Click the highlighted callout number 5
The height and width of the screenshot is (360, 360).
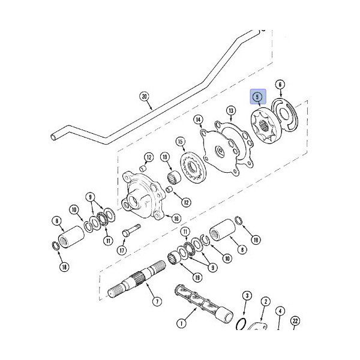click(x=257, y=97)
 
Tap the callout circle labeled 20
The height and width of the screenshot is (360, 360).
click(x=144, y=97)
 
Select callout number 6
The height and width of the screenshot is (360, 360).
click(x=280, y=85)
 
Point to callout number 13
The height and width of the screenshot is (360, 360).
click(x=231, y=110)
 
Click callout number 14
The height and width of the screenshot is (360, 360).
click(x=198, y=119)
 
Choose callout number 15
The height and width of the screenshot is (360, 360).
click(x=181, y=142)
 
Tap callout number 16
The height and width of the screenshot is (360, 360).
click(x=176, y=218)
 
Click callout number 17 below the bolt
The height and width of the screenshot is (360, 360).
click(x=122, y=250)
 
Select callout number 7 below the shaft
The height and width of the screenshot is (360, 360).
click(x=157, y=301)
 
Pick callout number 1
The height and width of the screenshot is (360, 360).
click(x=181, y=324)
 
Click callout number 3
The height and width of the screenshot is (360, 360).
click(x=247, y=296)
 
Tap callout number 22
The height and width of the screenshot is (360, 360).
click(x=295, y=321)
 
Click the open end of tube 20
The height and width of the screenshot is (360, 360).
click(x=53, y=137)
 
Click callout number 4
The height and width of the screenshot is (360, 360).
click(x=280, y=311)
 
